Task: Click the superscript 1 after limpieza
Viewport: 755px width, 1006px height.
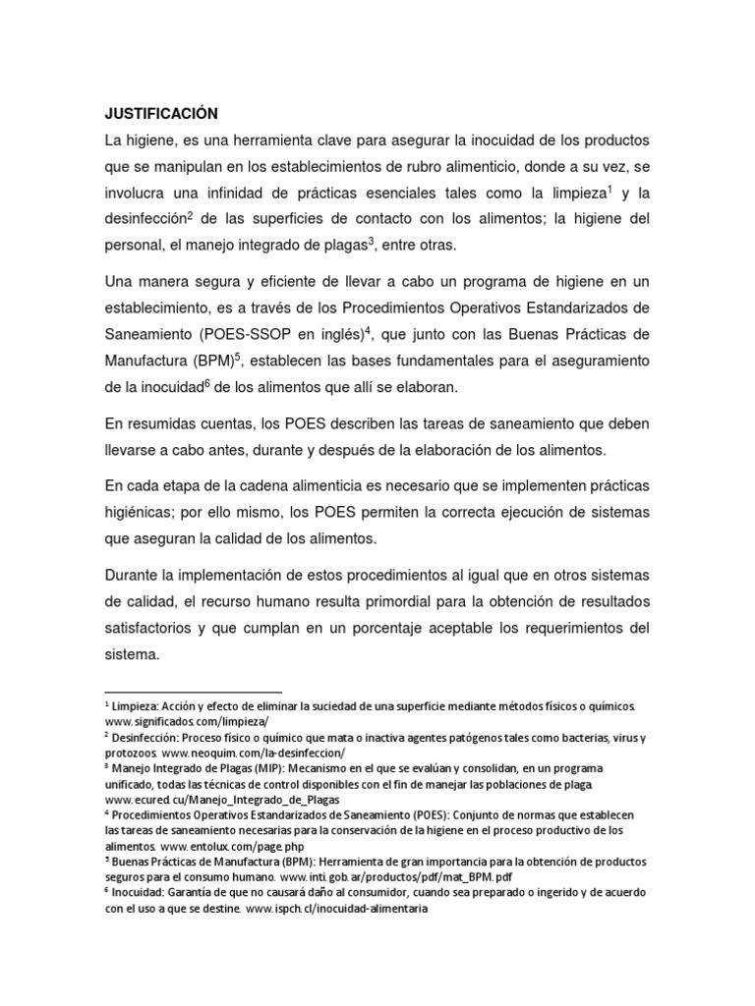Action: coord(610,187)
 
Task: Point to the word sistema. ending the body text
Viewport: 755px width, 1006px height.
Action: coord(135,652)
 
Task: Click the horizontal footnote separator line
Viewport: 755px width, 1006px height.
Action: coord(193,692)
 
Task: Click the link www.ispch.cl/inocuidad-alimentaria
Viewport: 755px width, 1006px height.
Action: coord(337,909)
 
